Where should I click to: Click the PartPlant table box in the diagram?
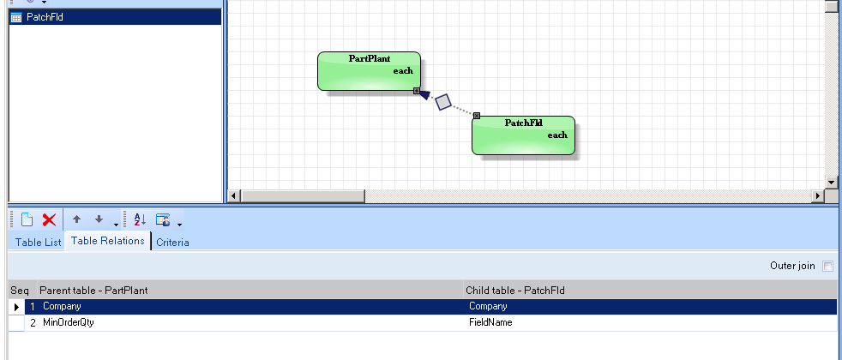pyautogui.click(x=369, y=71)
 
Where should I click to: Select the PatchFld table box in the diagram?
pyautogui.click(x=522, y=135)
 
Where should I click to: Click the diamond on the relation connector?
pyautogui.click(x=442, y=102)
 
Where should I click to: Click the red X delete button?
pyautogui.click(x=49, y=219)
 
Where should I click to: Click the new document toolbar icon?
pyautogui.click(x=27, y=219)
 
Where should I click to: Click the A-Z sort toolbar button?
pyautogui.click(x=141, y=219)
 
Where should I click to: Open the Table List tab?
pyautogui.click(x=39, y=243)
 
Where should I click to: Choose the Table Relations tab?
pyautogui.click(x=108, y=242)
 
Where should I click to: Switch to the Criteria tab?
pyautogui.click(x=172, y=243)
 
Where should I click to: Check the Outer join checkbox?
pyautogui.click(x=827, y=267)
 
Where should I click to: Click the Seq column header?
pyautogui.click(x=20, y=291)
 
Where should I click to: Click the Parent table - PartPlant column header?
pyautogui.click(x=93, y=291)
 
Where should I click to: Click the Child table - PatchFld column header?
pyautogui.click(x=516, y=291)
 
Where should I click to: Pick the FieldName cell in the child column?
pyautogui.click(x=491, y=323)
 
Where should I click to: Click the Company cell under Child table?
pyautogui.click(x=488, y=306)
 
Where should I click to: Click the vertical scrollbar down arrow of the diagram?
pyautogui.click(x=831, y=183)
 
